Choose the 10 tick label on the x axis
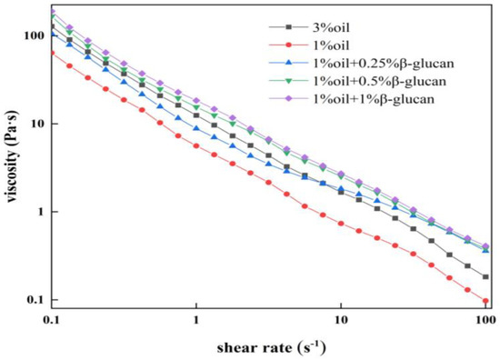[x=341, y=321]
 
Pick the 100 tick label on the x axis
[x=485, y=321]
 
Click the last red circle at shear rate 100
[x=485, y=301]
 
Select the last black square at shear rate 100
[x=485, y=276]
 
